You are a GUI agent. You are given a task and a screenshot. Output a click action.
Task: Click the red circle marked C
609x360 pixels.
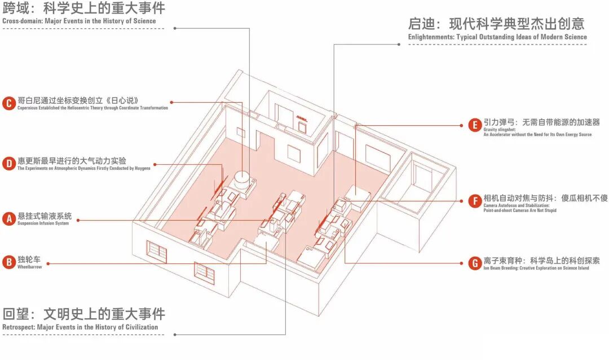click(8, 103)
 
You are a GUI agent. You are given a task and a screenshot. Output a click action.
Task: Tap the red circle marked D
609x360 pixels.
click(8, 164)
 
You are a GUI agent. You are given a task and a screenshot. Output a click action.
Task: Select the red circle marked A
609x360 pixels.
click(8, 218)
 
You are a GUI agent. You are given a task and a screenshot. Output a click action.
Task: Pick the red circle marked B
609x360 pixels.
click(8, 262)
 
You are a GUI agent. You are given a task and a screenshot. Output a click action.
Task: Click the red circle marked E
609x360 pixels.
click(474, 125)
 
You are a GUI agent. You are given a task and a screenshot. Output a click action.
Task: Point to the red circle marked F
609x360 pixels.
click(474, 200)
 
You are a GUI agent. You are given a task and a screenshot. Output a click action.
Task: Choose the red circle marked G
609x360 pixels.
click(474, 263)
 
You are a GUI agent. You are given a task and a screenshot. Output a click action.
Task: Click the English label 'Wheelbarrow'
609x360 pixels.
click(30, 267)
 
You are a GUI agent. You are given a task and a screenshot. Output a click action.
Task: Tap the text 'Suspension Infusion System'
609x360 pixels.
click(43, 223)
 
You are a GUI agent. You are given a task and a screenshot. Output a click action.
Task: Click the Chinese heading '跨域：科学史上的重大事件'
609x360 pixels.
click(85, 8)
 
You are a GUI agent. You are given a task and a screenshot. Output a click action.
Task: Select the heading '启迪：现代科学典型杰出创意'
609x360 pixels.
click(496, 24)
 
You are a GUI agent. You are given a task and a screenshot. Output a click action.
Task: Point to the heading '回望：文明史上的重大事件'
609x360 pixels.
click(84, 314)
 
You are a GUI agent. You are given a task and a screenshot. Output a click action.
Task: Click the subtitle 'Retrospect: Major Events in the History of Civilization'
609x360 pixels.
click(80, 327)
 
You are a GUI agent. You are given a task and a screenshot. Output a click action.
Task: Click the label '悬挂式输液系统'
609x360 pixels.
click(45, 216)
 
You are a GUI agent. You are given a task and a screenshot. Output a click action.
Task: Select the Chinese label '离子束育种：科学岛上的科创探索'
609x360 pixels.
click(541, 261)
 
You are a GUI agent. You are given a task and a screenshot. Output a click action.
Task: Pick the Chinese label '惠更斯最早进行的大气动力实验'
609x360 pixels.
click(72, 161)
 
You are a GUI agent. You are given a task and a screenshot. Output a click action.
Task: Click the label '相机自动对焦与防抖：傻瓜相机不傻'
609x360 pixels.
click(545, 198)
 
